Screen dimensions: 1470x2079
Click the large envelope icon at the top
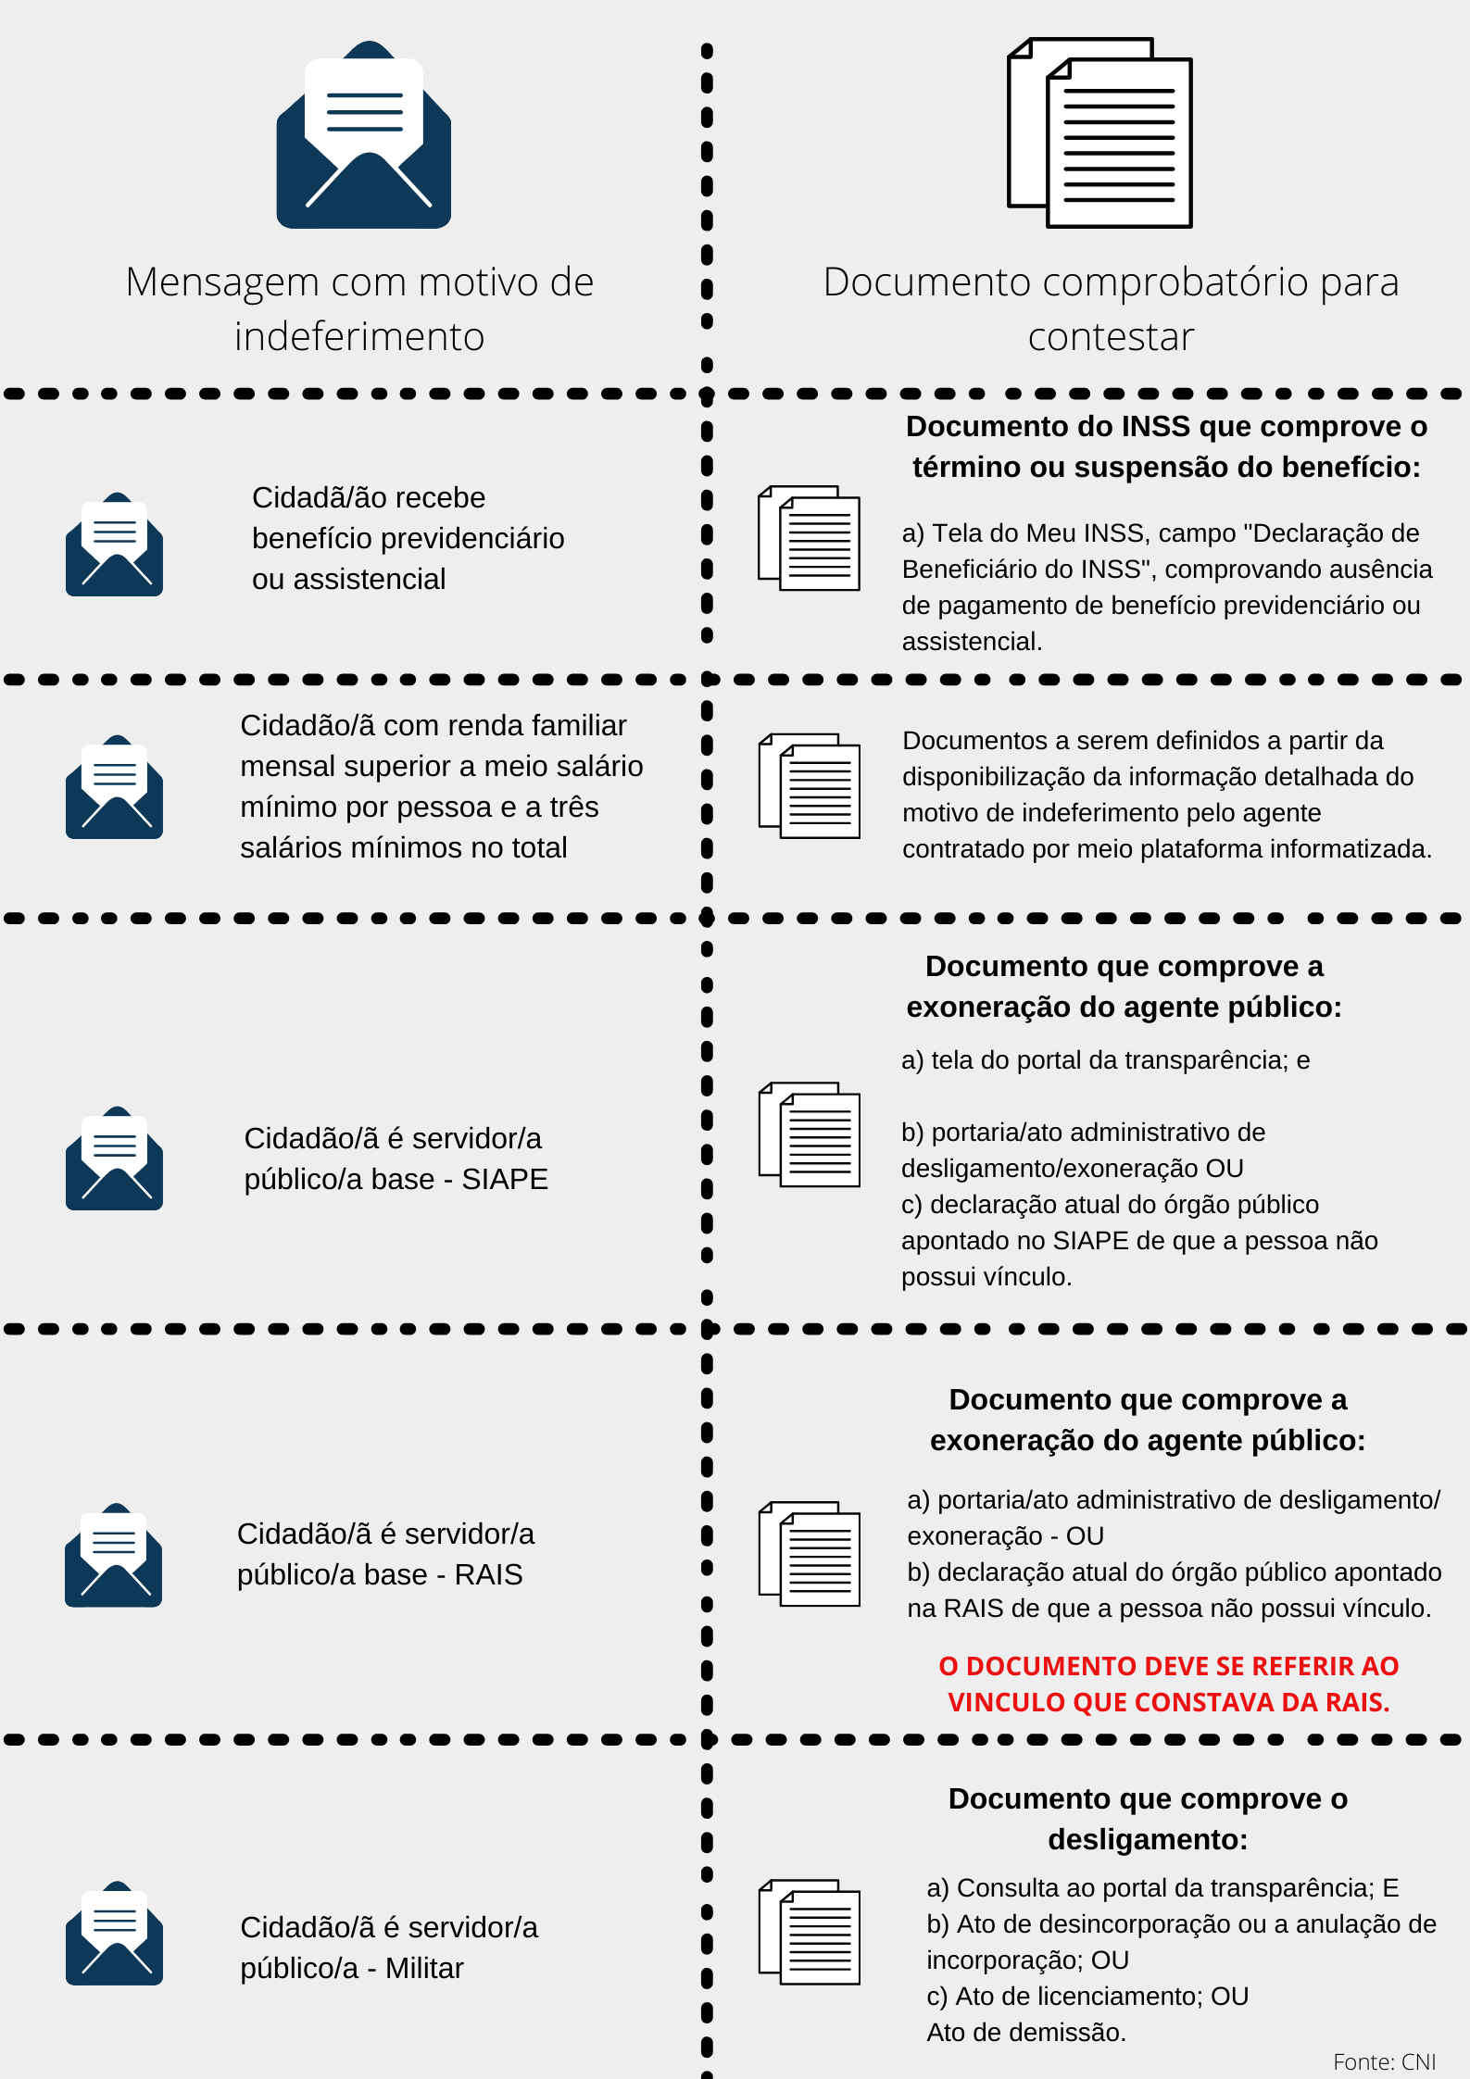(364, 135)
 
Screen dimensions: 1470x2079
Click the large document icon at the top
(1099, 132)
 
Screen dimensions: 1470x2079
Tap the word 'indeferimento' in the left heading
(359, 336)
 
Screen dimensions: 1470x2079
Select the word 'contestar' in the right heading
(1111, 336)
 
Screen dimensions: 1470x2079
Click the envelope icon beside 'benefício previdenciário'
(114, 545)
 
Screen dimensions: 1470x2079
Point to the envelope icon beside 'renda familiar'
(114, 787)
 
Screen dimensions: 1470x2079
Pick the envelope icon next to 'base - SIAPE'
(114, 1158)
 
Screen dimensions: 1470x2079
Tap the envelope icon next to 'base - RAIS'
(113, 1555)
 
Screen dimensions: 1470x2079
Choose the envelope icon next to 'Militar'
(114, 1933)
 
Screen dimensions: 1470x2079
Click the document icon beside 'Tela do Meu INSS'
(809, 538)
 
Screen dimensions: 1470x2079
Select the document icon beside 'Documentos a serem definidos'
(809, 786)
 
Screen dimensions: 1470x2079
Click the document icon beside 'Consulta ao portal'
(809, 1932)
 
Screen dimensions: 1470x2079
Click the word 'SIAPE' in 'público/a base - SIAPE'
(505, 1179)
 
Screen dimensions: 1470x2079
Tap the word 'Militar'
(424, 1968)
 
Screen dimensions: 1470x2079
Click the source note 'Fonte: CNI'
(1384, 2061)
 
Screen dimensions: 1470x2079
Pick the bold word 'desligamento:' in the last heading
(1148, 1839)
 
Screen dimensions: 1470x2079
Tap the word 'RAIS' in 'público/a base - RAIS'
(488, 1574)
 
